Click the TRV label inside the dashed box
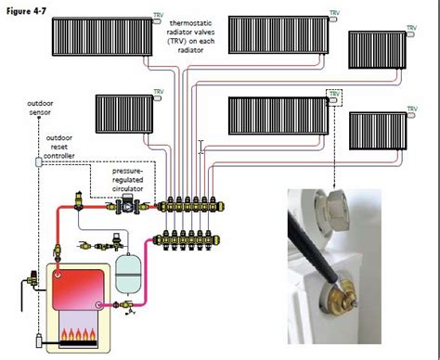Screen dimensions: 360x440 pos(332,94)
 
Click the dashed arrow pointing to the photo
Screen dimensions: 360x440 pos(332,148)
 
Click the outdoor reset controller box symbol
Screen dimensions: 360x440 pos(39,162)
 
